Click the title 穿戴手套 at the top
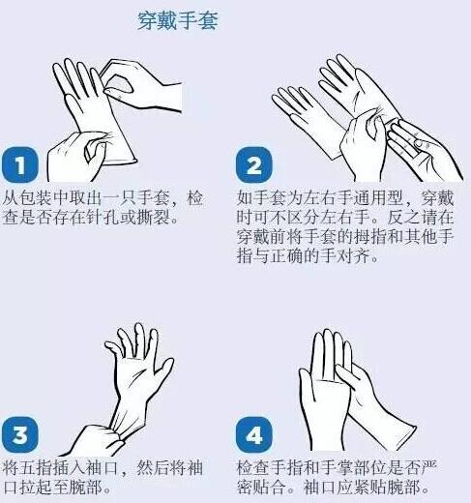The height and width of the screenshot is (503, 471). [x=176, y=20]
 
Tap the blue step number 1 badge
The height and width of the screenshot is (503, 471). [x=19, y=164]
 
